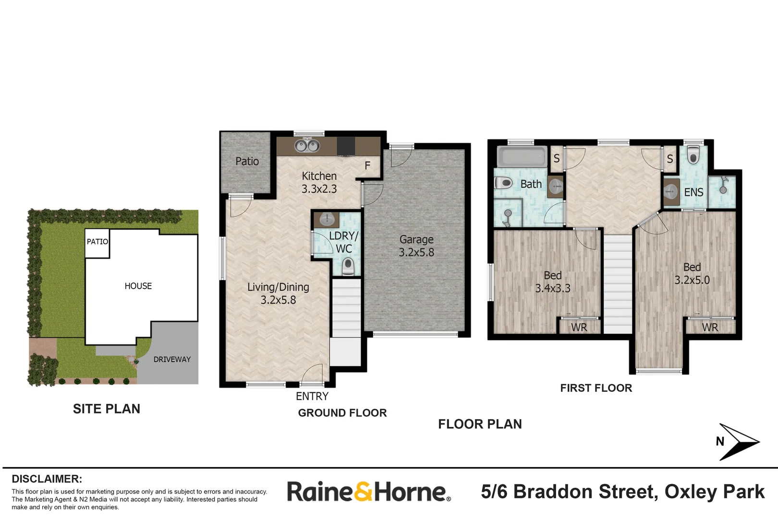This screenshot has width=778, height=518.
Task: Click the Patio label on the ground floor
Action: (247, 162)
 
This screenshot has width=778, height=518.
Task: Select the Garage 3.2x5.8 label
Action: (416, 246)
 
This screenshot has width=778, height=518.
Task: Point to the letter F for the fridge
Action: (367, 166)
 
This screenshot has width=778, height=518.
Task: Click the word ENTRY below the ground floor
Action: (312, 396)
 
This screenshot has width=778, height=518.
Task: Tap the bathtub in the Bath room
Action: (521, 156)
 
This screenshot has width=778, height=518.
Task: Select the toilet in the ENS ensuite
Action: (693, 155)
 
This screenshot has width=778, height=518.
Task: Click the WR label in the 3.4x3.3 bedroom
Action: (579, 327)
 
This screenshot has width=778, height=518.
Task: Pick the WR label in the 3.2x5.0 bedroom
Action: (710, 327)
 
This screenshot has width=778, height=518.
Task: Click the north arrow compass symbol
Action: (737, 442)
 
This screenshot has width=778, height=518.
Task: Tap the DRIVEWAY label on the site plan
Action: (172, 359)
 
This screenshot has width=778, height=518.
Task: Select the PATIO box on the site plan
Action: (97, 242)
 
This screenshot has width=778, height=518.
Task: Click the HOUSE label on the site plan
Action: (138, 286)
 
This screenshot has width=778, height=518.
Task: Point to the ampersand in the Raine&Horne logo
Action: (364, 492)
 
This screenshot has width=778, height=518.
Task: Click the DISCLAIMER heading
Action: (47, 479)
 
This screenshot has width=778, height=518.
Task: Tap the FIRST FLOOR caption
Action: (596, 388)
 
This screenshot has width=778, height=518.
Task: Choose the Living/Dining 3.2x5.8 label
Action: (278, 293)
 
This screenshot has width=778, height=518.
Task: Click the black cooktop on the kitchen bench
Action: (345, 146)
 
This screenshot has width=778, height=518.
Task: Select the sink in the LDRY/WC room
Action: (327, 220)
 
